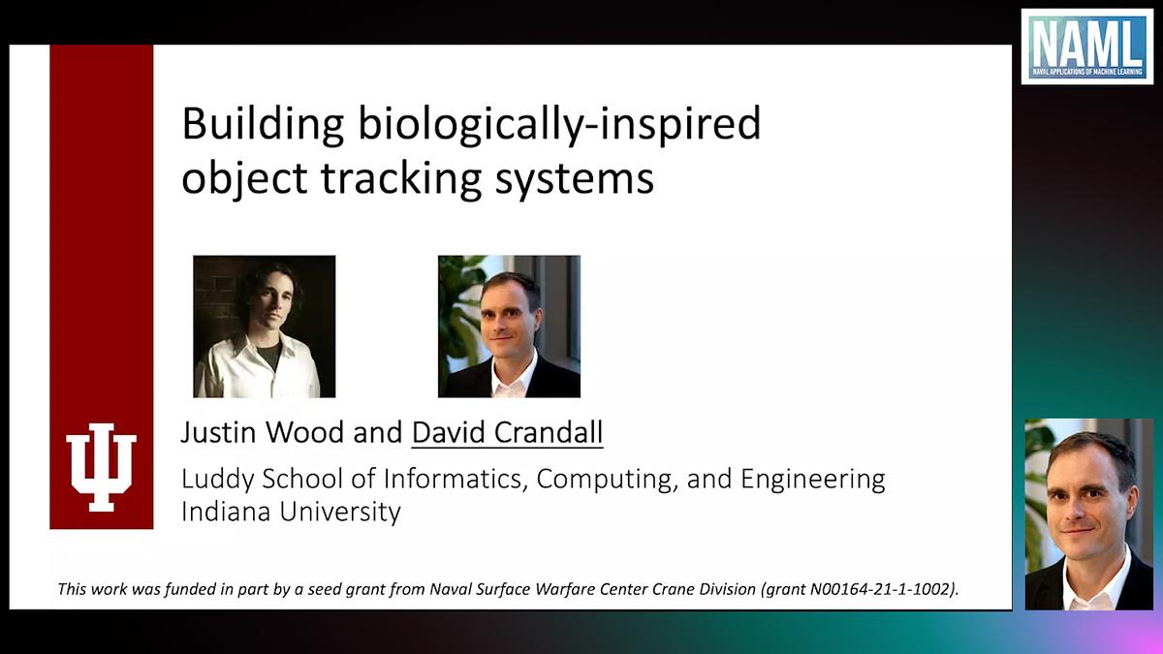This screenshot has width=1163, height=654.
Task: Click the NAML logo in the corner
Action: [x=1086, y=47]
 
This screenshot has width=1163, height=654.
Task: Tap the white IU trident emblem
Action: [x=101, y=466]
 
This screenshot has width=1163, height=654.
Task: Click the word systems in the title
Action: [x=575, y=180]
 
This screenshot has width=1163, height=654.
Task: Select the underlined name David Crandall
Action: [x=507, y=432]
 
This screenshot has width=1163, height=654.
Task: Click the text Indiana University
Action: [x=291, y=511]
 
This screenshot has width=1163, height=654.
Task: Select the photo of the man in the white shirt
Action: [x=264, y=327]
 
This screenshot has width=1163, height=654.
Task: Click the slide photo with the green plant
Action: [x=509, y=327]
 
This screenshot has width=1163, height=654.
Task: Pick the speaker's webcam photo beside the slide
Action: [x=1088, y=514]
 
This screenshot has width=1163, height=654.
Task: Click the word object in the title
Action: [x=232, y=180]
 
